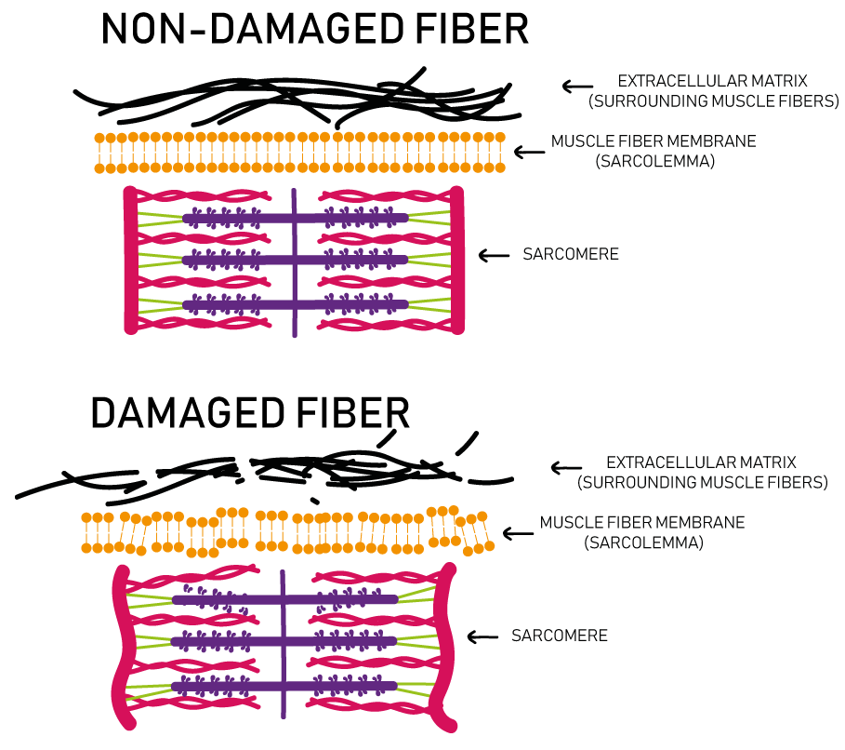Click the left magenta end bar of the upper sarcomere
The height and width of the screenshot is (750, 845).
click(130, 260)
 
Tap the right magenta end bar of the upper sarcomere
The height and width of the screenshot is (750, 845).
click(456, 260)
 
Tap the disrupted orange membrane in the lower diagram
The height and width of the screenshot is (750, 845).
click(288, 531)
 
